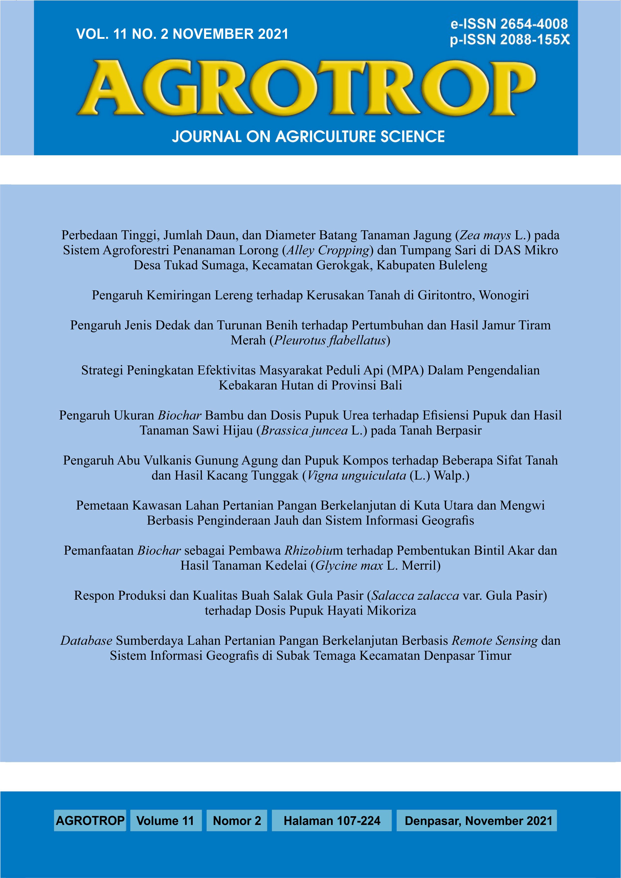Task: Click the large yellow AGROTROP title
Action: pos(306,89)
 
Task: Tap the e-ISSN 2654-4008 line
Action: pos(509,24)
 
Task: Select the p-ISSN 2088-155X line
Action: pos(510,40)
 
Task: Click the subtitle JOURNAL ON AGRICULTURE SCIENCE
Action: pos(308,136)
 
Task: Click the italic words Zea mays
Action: pos(485,235)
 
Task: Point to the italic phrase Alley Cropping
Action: pos(328,250)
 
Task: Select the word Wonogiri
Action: pos(504,295)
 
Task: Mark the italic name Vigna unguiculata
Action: pos(356,476)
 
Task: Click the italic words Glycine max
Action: pos(349,566)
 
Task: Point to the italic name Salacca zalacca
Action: pos(415,595)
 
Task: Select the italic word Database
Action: pos(86,640)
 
